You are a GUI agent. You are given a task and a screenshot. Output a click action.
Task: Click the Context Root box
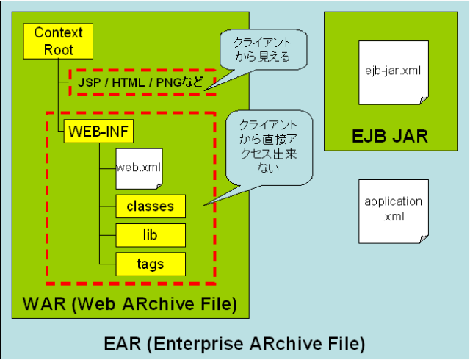coord(59,41)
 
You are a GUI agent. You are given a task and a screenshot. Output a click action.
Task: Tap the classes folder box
coord(150,206)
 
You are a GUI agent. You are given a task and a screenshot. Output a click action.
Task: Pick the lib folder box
coord(150,235)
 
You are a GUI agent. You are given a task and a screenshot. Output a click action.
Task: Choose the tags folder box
coord(150,264)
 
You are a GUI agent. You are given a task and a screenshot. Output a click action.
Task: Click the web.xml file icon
coord(138,168)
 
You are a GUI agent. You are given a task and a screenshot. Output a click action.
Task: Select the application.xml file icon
coord(393,210)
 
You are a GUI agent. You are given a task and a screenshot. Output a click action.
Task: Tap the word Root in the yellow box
coord(59,49)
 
